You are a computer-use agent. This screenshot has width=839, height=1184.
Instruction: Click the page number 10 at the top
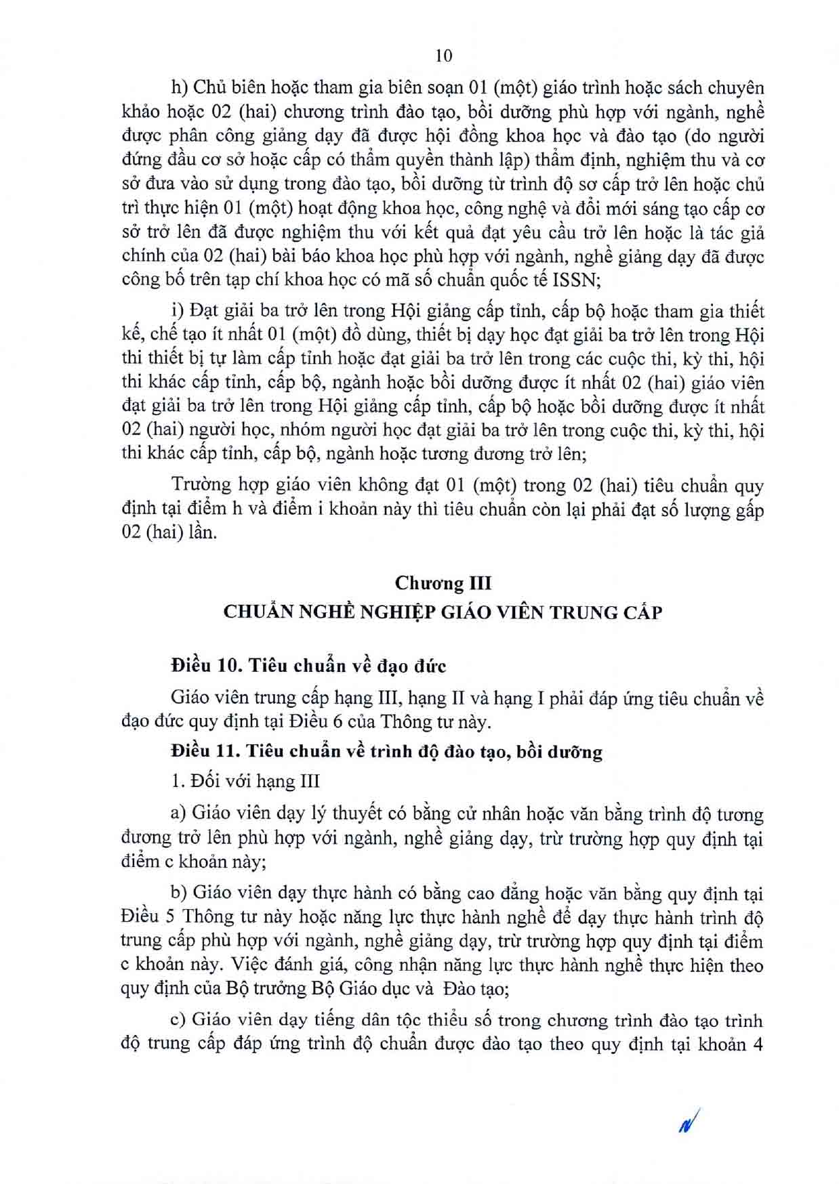coord(444,56)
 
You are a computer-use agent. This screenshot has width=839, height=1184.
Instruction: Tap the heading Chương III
coord(443,583)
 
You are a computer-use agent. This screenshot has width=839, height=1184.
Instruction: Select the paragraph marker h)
coord(179,89)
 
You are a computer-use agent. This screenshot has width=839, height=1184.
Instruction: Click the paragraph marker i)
coord(178,311)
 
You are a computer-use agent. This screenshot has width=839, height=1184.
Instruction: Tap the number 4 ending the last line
coord(758,1043)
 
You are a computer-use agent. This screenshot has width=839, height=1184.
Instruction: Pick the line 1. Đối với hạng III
coord(245,781)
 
